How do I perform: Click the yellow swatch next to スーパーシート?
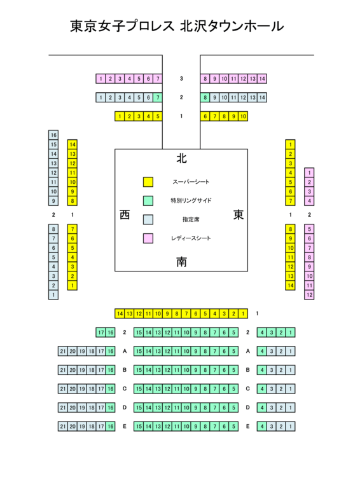coord(148,182)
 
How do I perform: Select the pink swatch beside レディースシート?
coord(148,238)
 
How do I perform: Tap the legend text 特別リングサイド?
coord(191,200)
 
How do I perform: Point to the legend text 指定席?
coord(191,219)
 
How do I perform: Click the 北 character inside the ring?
coord(181,158)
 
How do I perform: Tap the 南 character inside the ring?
coord(181,262)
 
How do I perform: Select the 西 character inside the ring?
coord(125,215)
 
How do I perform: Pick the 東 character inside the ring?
coord(239,215)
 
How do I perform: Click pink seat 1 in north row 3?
coord(100,79)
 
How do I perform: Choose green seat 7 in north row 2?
coord(158,98)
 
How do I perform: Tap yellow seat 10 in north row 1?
coord(243,116)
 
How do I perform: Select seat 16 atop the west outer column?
coord(53,135)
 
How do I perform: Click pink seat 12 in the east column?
coord(309,295)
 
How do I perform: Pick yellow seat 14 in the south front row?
coord(120,313)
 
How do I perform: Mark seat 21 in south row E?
coord(63,427)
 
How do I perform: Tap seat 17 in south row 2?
coord(100,333)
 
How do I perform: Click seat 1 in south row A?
coord(291,351)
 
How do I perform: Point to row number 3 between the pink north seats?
coord(181,79)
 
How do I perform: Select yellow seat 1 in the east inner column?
coord(291,144)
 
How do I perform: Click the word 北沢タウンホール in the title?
coord(232,26)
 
